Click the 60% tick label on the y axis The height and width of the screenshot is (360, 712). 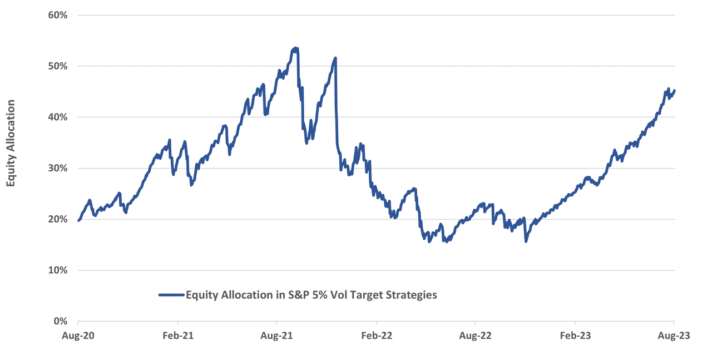58,15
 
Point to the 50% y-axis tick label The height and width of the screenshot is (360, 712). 58,66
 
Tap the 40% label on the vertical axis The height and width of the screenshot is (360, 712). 58,117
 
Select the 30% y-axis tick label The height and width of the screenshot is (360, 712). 58,168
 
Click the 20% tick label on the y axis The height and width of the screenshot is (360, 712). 58,219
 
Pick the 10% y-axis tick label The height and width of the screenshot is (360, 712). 58,270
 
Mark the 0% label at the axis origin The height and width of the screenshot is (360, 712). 61,322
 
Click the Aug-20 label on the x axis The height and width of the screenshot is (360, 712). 78,337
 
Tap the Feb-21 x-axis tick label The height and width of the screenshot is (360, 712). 177,337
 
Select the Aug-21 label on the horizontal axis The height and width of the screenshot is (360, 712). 276,337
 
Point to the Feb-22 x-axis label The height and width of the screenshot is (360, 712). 377,337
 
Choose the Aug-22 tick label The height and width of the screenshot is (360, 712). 476,337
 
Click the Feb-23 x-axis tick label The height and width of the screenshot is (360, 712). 575,337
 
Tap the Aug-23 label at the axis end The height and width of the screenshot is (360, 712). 674,337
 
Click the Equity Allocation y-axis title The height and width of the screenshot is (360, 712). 11,143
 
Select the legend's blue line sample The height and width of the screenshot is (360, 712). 171,295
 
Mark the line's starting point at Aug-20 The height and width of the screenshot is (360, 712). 78,220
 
